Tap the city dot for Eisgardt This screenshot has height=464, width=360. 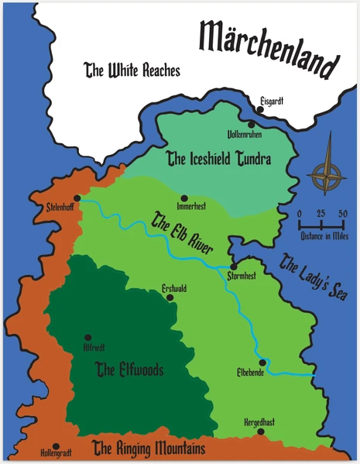[x=260, y=109]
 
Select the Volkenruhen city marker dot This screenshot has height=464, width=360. [x=252, y=124]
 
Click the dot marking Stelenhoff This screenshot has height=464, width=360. [x=78, y=198]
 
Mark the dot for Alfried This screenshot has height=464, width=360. [x=87, y=338]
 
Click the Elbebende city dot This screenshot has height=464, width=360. [x=263, y=362]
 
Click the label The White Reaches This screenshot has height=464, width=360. [x=132, y=70]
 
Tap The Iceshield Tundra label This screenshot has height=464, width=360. [x=218, y=160]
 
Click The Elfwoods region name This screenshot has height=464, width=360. [x=129, y=370]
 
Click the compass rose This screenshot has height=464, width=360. [x=326, y=172]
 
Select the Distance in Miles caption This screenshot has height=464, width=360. [x=324, y=235]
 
